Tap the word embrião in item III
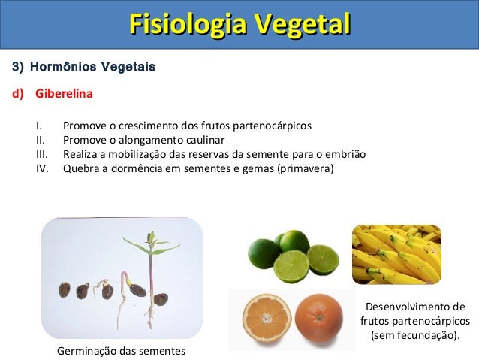pyautogui.click(x=345, y=153)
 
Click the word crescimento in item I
pyautogui.click(x=137, y=125)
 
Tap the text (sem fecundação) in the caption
pyautogui.click(x=414, y=334)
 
